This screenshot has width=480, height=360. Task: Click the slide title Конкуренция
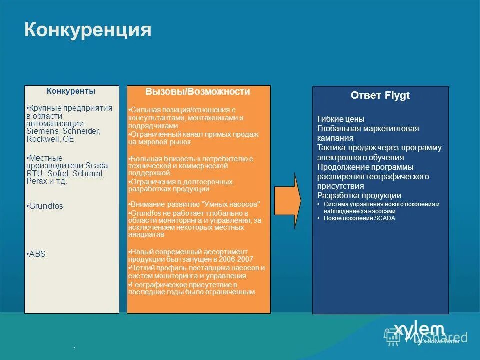(88, 30)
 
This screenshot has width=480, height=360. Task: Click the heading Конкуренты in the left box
(71, 91)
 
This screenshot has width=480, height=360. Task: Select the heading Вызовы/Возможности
(198, 92)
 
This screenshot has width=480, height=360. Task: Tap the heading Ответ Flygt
(380, 95)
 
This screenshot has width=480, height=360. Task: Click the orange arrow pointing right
(290, 200)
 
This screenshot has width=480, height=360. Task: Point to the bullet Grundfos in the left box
(46, 206)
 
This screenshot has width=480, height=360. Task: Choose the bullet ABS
(37, 254)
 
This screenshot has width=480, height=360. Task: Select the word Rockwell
(43, 139)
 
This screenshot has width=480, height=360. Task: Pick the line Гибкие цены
(341, 119)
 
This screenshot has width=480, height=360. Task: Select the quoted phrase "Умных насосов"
(231, 204)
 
